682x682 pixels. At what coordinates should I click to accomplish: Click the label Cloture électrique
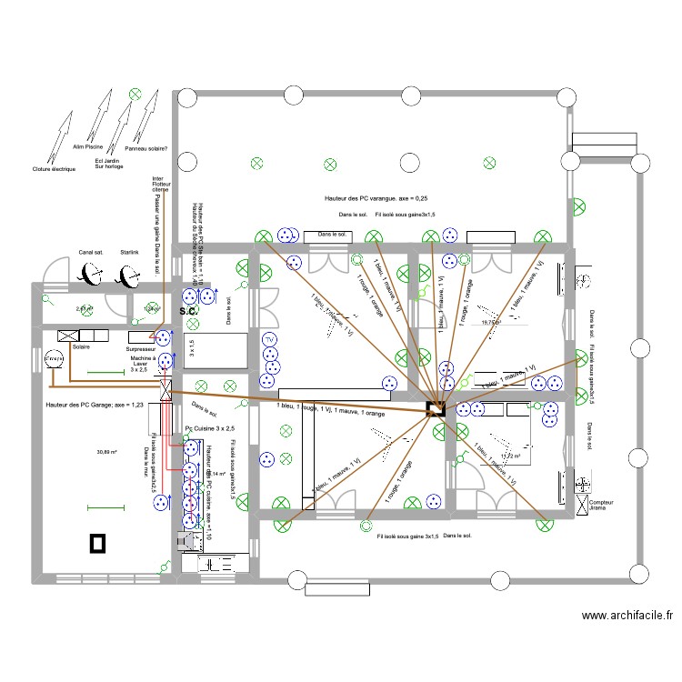click(55, 169)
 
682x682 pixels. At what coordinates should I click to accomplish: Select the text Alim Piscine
click(88, 145)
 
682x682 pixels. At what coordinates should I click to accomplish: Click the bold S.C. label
click(188, 312)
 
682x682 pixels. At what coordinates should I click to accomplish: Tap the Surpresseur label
click(143, 347)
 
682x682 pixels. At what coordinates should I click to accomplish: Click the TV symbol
click(269, 340)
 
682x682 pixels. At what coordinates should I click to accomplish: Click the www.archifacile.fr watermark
click(627, 615)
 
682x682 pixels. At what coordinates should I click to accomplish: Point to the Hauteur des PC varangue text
click(376, 198)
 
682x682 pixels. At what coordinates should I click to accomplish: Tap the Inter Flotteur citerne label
click(159, 185)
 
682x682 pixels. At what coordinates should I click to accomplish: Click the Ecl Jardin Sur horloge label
click(108, 164)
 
